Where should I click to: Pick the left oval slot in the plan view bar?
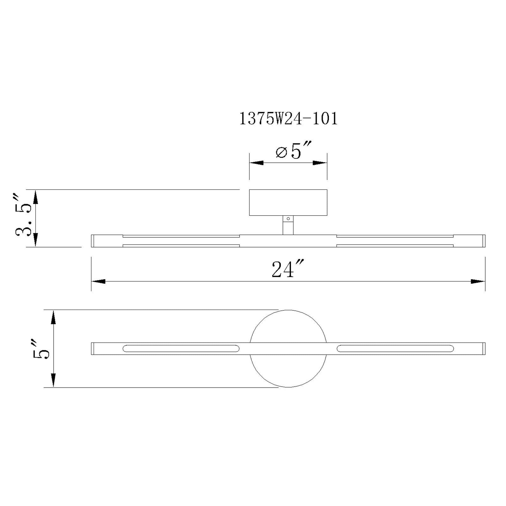coord(181,348)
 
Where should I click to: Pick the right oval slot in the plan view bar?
coord(395,348)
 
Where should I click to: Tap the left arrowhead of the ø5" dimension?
coord(256,163)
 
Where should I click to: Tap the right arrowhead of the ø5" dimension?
coord(320,163)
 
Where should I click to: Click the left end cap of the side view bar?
coord(93,241)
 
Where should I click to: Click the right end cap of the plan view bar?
coord(484,349)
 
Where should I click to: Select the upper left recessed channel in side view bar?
coord(181,236)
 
